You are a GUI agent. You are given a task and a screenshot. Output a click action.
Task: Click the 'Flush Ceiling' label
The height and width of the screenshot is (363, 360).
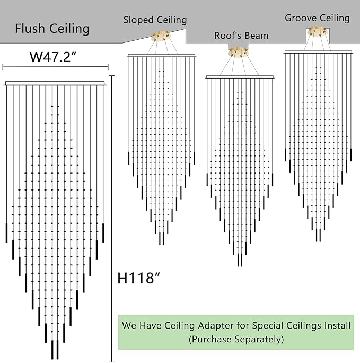pos(52,29)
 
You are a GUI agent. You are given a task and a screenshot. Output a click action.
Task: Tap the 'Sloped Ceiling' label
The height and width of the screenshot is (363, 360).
pos(155,20)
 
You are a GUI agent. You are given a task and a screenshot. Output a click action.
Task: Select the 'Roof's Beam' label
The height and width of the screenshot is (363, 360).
pos(241,36)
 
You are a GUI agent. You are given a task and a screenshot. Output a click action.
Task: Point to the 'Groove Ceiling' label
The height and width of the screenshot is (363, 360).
pos(317,18)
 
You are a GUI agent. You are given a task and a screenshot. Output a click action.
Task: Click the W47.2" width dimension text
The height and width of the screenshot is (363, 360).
pos(53,57)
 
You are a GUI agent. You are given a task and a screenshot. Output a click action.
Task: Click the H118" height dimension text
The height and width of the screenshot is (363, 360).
pos(139,278)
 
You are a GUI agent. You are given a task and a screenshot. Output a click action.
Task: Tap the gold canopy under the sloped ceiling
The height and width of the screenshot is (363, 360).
pos(161,36)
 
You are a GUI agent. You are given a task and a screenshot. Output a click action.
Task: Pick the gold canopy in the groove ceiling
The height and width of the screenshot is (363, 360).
pos(317,31)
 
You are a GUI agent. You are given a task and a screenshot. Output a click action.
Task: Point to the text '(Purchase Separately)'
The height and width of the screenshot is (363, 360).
pos(236,340)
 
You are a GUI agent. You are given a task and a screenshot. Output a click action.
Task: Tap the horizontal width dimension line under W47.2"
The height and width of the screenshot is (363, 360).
pos(55,67)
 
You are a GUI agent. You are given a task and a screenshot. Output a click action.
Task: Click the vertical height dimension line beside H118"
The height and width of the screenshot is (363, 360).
pos(112,219)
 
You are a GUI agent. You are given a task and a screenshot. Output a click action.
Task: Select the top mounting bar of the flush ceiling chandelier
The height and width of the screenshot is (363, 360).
pos(55,83)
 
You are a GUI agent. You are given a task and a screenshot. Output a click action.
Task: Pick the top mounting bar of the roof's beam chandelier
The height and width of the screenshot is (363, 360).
pos(240,77)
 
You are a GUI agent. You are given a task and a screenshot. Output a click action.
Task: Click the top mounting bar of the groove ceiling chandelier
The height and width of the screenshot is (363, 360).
pos(318,52)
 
